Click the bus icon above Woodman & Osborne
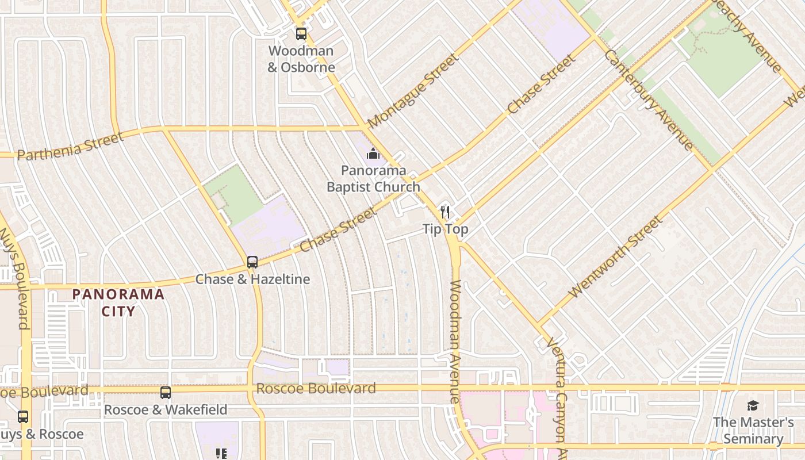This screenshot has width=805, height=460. (x=301, y=34)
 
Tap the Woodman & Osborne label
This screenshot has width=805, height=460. (x=301, y=59)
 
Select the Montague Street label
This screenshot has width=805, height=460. (x=413, y=91)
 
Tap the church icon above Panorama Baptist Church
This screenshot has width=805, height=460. (x=373, y=154)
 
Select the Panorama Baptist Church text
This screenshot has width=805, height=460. (x=373, y=179)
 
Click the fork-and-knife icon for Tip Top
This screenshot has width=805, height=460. (x=445, y=212)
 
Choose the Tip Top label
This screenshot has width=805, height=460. (x=446, y=229)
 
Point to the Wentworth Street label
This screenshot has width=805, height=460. (x=615, y=257)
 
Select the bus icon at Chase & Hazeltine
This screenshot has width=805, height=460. (x=252, y=262)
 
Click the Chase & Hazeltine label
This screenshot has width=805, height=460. (x=252, y=279)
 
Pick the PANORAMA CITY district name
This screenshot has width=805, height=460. (x=118, y=303)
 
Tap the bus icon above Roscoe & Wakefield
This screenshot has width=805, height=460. (x=166, y=393)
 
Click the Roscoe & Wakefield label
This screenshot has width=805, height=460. (x=166, y=410)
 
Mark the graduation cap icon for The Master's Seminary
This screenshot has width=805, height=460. (x=753, y=406)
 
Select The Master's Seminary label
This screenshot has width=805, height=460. (x=753, y=431)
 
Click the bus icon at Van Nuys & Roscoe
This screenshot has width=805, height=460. (x=23, y=417)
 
